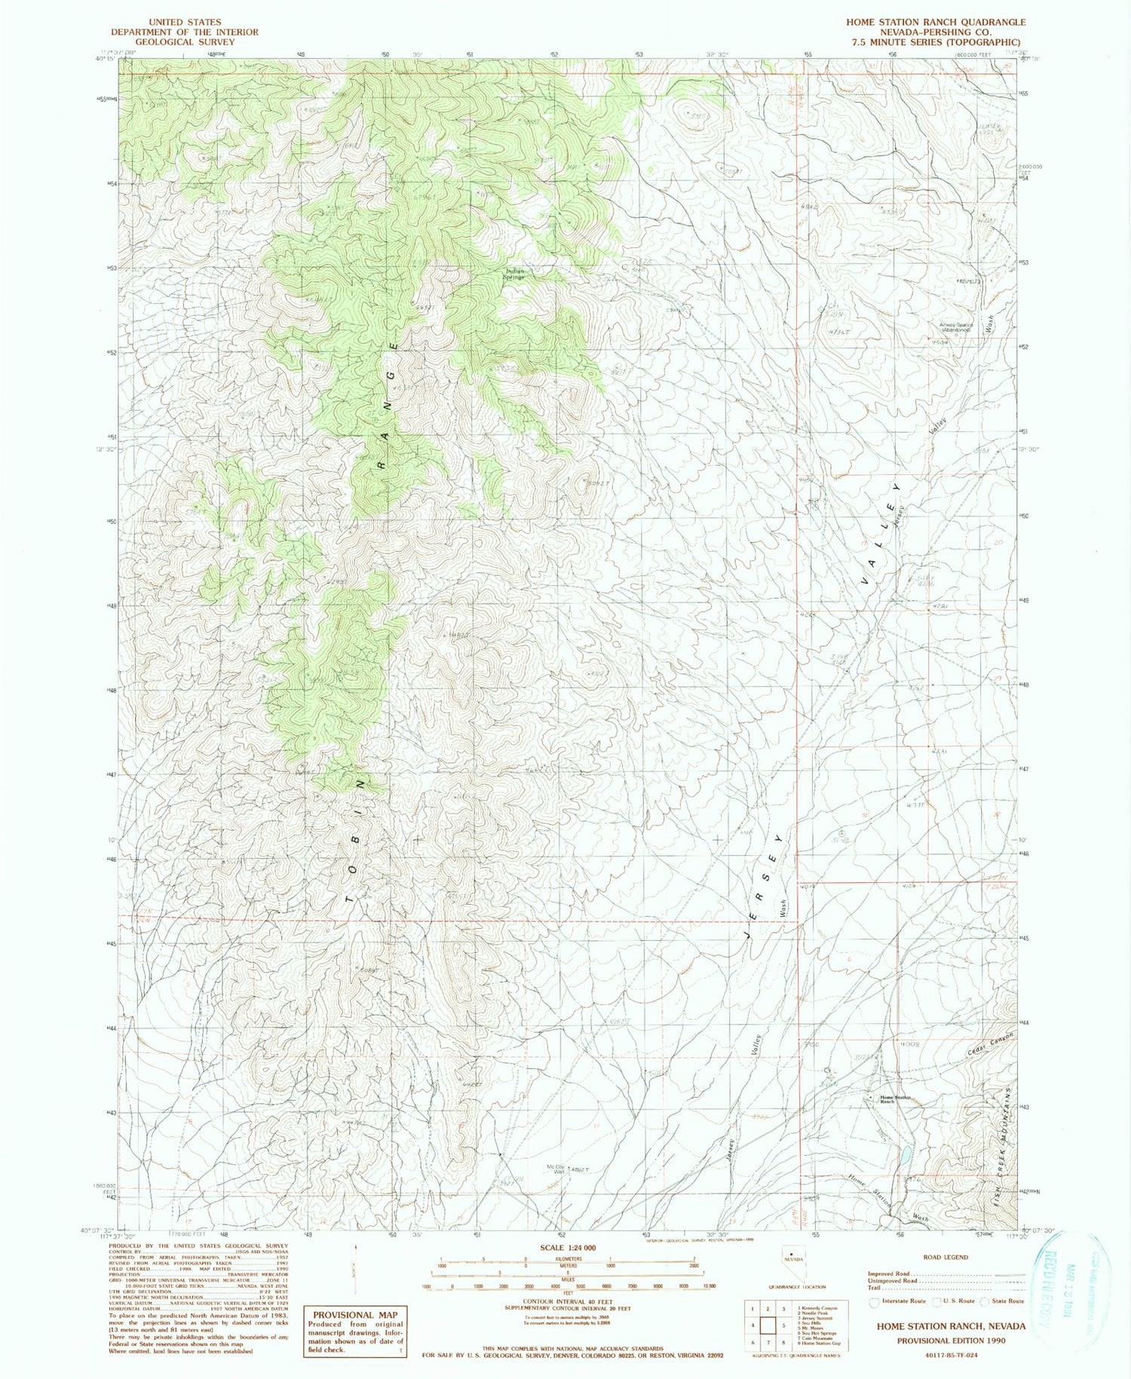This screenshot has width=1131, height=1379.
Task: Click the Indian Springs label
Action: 515,274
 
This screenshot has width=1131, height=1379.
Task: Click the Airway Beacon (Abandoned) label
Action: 956,327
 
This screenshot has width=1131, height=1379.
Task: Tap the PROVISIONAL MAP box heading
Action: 354,1313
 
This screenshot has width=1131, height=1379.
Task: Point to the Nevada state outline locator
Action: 792,1275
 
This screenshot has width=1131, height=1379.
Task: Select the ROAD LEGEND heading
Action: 946,1257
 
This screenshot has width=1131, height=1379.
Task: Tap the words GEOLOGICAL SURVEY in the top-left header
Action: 185,42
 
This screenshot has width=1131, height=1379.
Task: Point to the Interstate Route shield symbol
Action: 875,1301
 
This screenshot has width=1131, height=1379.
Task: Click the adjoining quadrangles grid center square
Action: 769,1325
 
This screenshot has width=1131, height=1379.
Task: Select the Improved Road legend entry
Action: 893,1273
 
